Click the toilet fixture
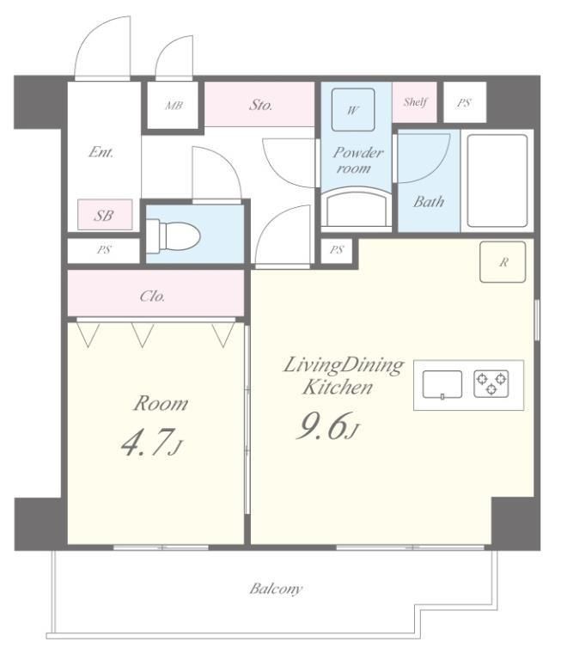(173, 236)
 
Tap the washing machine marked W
(353, 110)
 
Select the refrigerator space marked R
(503, 262)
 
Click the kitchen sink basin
(442, 384)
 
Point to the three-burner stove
(491, 383)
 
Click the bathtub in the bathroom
(497, 180)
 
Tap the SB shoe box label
(104, 216)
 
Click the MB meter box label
(174, 105)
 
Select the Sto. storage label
(260, 104)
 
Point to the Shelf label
(416, 101)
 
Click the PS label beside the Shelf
(464, 103)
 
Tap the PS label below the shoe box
(104, 249)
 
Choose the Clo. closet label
(152, 296)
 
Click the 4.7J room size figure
(152, 442)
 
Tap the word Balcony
(276, 589)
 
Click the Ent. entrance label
(101, 151)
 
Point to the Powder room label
(357, 160)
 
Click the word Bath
(429, 202)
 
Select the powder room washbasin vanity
(357, 207)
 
